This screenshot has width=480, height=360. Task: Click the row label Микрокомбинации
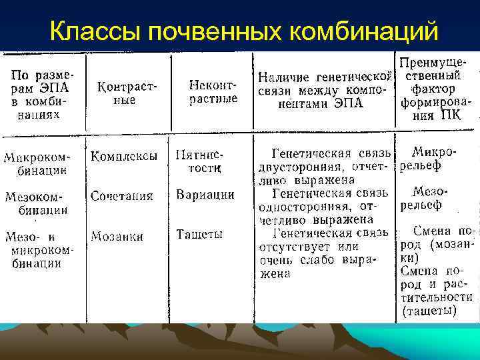[x=37, y=164]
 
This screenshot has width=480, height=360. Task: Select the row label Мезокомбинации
[x=37, y=203]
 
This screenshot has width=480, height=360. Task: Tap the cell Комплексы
[x=125, y=157]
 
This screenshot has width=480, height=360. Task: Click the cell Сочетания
[x=123, y=196]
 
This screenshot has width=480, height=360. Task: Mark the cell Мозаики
[x=117, y=235]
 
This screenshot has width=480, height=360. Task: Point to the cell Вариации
[x=205, y=195]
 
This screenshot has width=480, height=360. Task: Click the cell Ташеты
[x=199, y=234]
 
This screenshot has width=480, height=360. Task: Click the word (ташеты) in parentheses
[x=430, y=311]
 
